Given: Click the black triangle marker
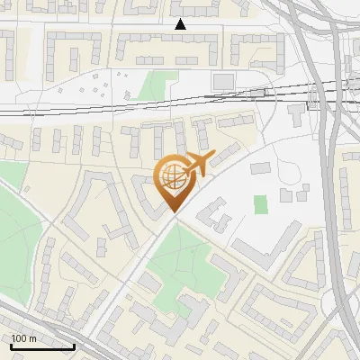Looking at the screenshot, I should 181,24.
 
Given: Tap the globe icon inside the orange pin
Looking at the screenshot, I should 172,177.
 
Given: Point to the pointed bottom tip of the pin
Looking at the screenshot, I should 172,211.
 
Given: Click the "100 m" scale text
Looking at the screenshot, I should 23,339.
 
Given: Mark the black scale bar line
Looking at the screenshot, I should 42,346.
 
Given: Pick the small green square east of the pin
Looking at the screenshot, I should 261,204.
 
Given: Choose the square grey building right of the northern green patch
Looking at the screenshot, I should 222,82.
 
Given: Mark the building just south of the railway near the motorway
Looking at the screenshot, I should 298,113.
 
